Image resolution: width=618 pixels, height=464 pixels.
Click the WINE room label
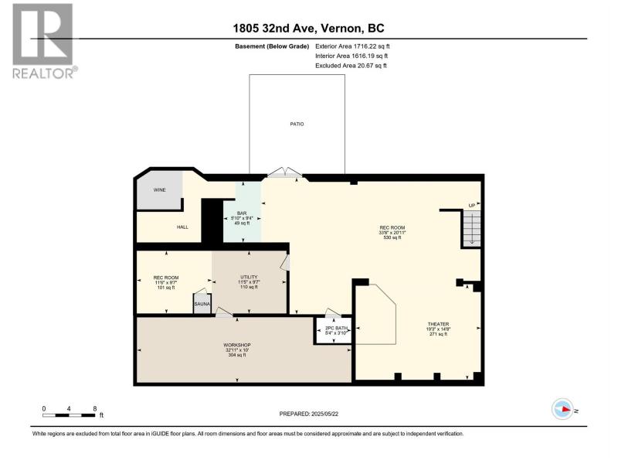(160, 189)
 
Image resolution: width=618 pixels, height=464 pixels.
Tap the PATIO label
(297, 124)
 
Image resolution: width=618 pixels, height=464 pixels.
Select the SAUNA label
(202, 304)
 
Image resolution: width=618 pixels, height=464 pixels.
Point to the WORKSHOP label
(237, 345)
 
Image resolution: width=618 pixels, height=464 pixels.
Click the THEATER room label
(438, 324)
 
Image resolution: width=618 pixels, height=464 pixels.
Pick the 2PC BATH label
(336, 328)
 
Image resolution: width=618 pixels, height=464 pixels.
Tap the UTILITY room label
(249, 277)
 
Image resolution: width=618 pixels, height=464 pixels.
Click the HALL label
(182, 227)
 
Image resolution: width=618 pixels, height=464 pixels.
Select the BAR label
(242, 213)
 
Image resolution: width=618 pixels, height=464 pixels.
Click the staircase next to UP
(471, 227)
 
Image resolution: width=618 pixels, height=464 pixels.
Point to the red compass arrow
(566, 409)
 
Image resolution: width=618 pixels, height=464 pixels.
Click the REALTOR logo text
(43, 73)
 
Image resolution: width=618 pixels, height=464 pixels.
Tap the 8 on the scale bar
(94, 409)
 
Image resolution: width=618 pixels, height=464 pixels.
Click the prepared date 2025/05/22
(324, 414)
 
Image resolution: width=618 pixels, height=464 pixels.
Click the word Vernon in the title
(341, 28)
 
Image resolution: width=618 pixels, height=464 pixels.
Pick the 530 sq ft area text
(392, 237)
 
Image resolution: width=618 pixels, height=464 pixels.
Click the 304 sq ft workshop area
(237, 355)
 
